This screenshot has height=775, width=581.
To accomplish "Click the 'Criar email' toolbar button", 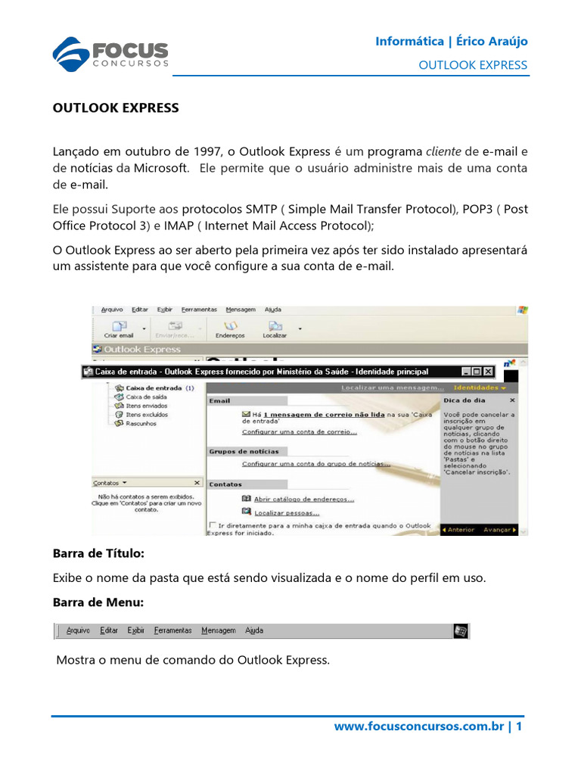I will tap(118, 328).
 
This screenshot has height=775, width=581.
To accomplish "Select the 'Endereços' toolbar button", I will tap(230, 328).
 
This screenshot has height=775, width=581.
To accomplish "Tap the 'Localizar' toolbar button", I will tap(275, 328).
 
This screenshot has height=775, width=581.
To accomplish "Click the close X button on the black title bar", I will tap(488, 372).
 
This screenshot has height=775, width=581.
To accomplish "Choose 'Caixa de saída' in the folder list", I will tap(146, 397).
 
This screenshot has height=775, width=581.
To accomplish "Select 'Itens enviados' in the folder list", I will tap(147, 406).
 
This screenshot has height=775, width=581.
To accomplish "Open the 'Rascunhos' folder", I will tap(141, 424).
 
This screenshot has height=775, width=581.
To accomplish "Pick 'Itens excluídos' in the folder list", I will tap(147, 415).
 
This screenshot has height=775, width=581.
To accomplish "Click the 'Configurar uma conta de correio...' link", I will tap(300, 432).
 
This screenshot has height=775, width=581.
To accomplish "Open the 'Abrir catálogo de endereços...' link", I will tap(303, 500).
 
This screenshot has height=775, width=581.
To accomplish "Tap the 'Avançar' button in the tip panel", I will tap(499, 530).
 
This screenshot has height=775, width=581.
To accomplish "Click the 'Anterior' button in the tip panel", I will tap(459, 530).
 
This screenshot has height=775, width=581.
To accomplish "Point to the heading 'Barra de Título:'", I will tap(98, 554).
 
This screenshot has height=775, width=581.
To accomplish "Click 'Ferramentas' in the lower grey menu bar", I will tap(172, 630).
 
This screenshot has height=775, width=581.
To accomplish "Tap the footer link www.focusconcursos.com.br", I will tap(419, 727).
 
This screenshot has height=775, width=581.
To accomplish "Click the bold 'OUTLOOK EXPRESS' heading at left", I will tap(116, 107).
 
